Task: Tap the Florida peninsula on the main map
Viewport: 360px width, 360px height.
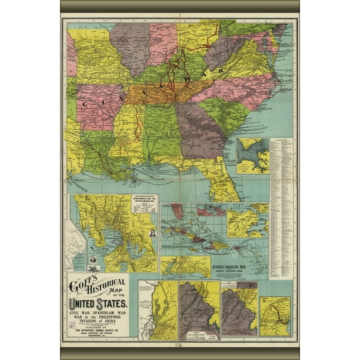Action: coord(224,182)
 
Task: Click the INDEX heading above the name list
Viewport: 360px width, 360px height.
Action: coord(281,141)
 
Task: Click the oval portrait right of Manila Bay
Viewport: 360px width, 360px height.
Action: coord(152,234)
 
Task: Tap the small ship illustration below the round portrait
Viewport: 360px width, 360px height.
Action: coord(95,260)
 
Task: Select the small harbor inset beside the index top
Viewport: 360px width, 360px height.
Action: coord(252,156)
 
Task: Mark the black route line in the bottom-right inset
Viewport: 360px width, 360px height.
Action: coord(275,318)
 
